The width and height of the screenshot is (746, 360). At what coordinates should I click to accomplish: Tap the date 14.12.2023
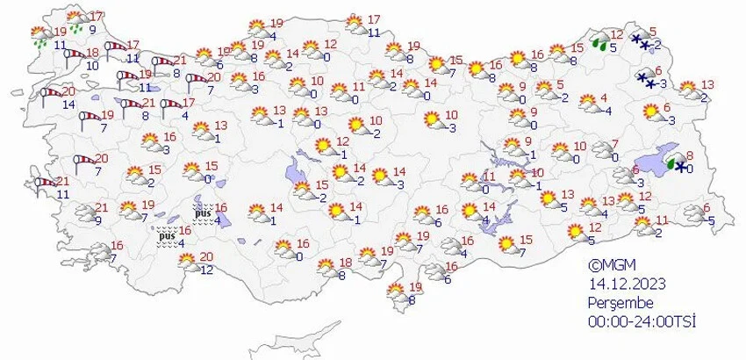pyautogui.click(x=627, y=283)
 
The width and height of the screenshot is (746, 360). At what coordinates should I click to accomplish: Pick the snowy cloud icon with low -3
pyautogui.click(x=647, y=80)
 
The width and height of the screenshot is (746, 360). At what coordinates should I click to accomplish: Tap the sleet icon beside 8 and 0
pyautogui.click(x=676, y=163)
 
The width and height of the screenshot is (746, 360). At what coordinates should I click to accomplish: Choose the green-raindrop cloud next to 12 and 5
pyautogui.click(x=600, y=40)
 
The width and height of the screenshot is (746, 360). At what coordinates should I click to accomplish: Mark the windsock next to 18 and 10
pyautogui.click(x=74, y=57)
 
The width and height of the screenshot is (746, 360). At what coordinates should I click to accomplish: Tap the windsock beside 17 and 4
pyautogui.click(x=172, y=105)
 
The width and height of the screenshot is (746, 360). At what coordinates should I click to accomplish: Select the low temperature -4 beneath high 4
pyautogui.click(x=607, y=110)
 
